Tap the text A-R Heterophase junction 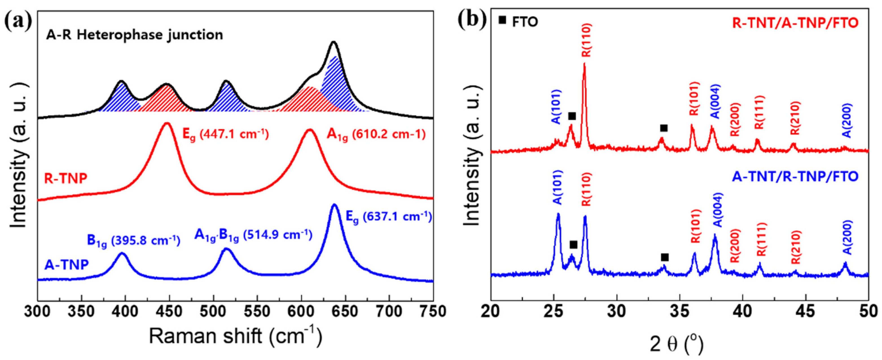coord(135,35)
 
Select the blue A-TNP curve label coord(66,265)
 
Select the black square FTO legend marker coord(502,20)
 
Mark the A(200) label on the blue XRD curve coord(847,242)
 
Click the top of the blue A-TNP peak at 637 coord(335,205)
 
